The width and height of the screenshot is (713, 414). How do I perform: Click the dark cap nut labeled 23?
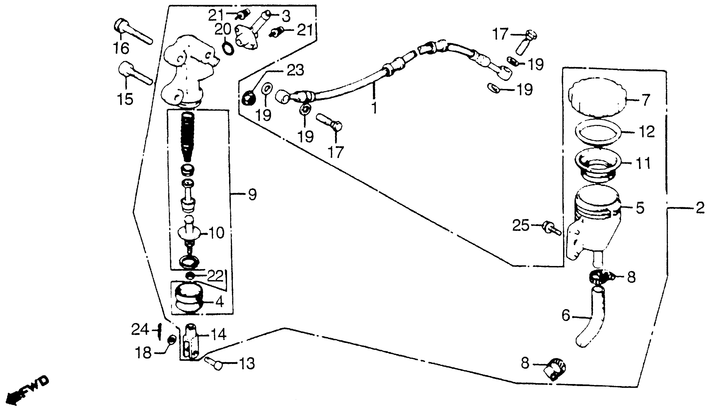pyautogui.click(x=249, y=98)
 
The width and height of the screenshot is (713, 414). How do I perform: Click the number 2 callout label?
pyautogui.click(x=700, y=209)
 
